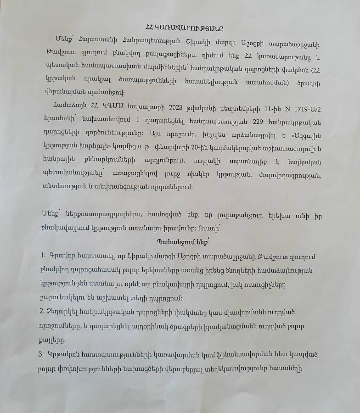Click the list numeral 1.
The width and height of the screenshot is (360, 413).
(x=41, y=255)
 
